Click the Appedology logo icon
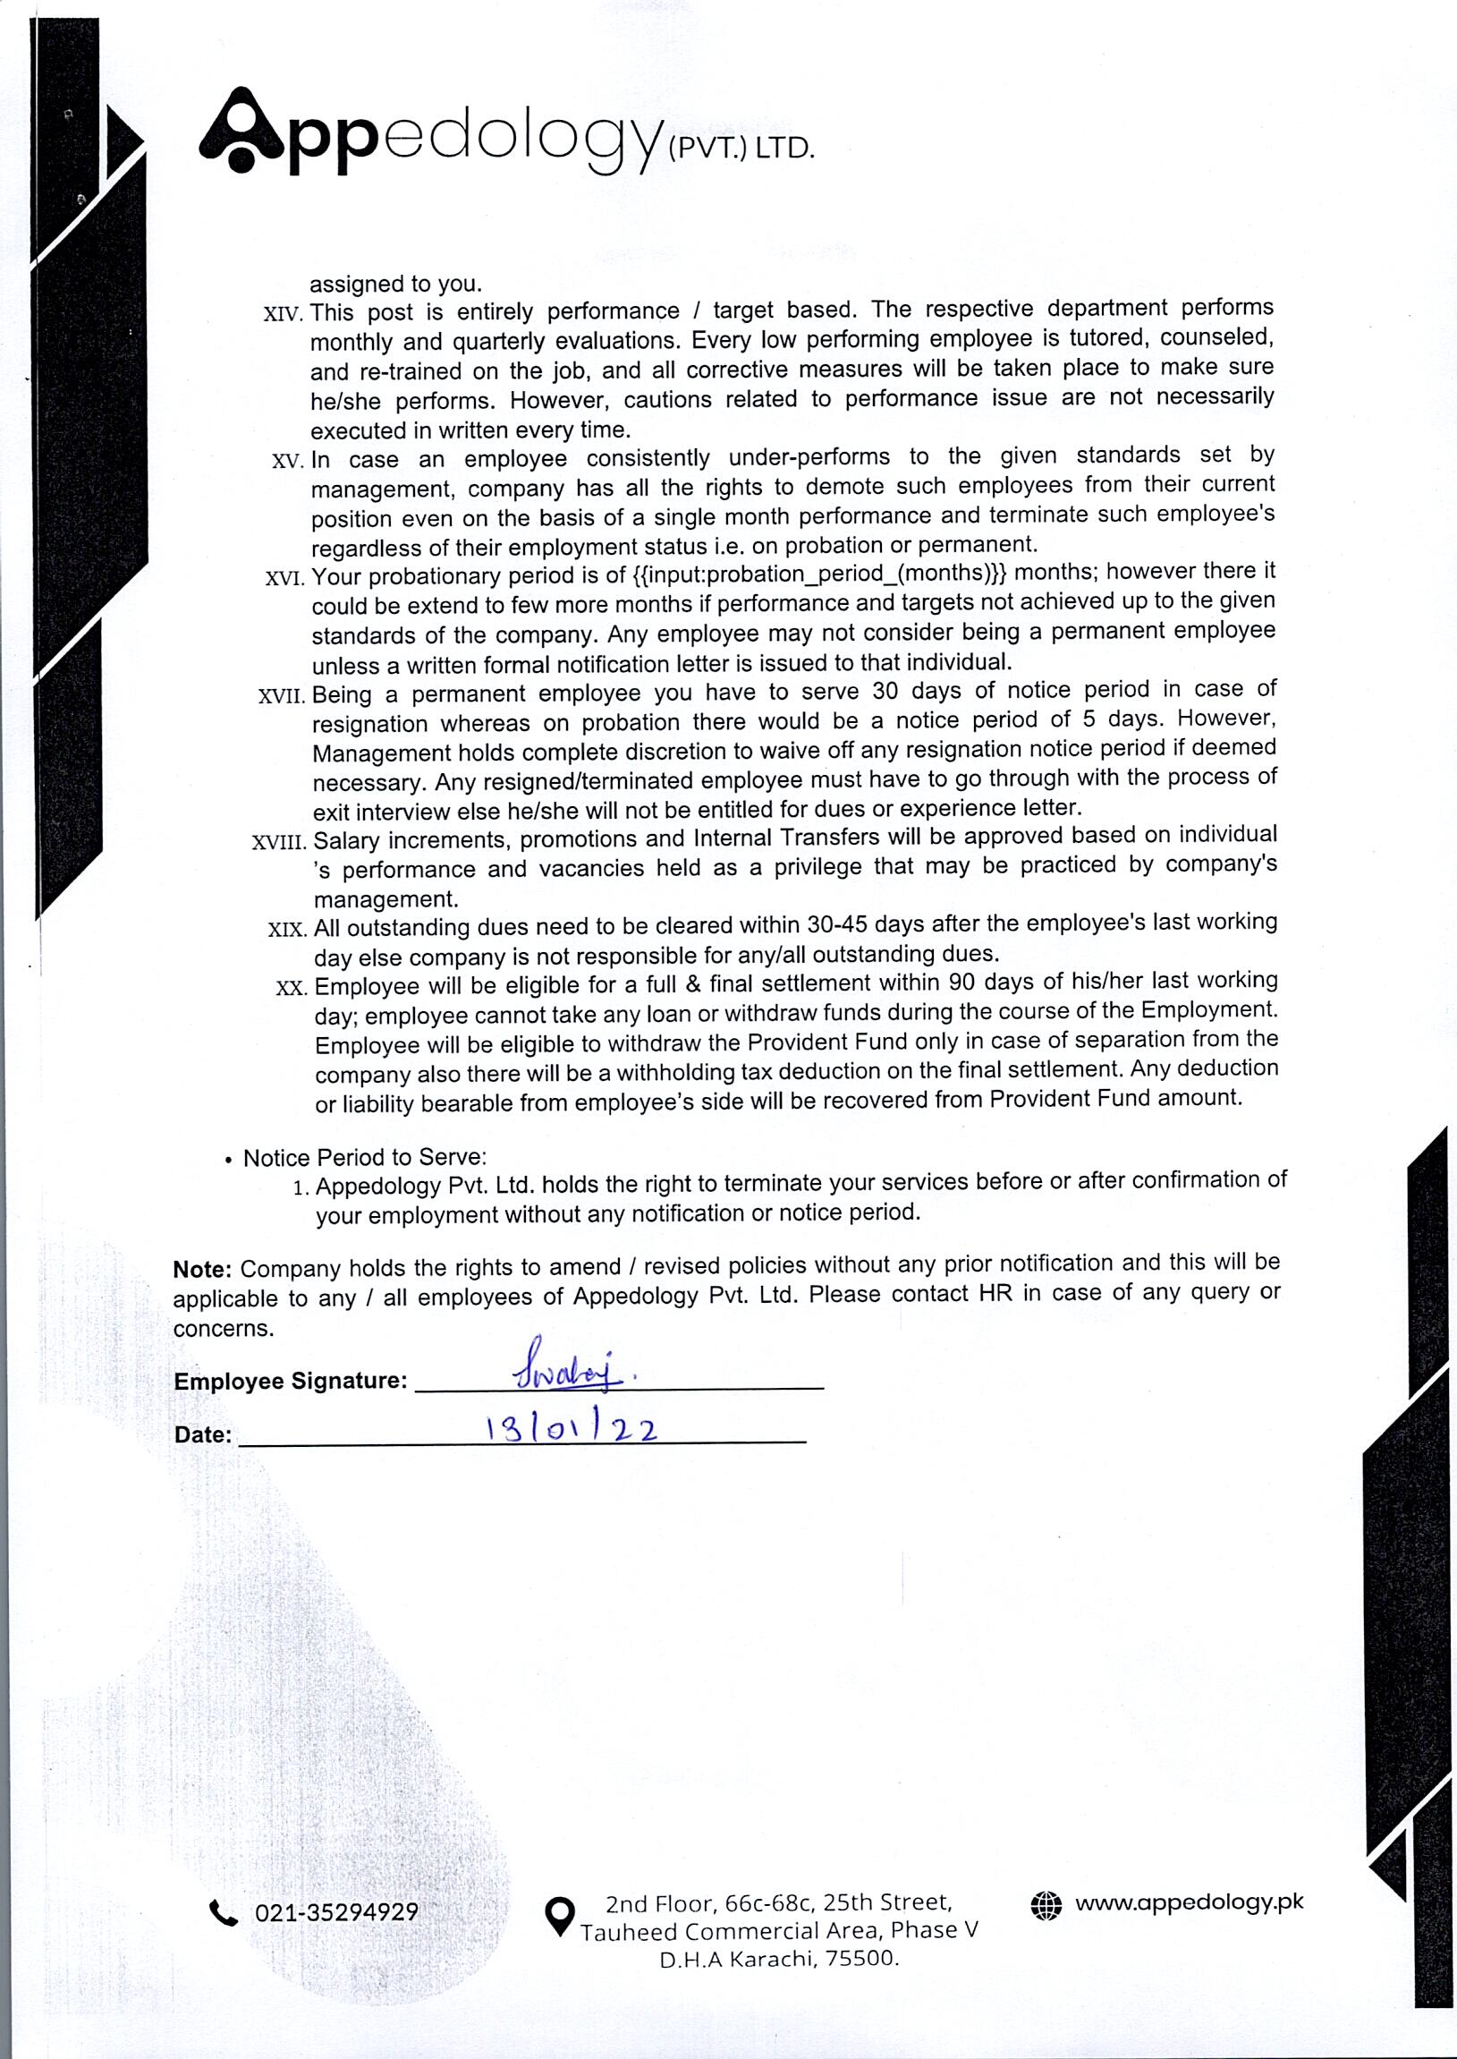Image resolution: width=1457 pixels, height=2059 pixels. (239, 130)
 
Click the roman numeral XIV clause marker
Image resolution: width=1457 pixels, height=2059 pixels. (284, 315)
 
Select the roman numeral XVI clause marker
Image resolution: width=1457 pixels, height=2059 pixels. (286, 578)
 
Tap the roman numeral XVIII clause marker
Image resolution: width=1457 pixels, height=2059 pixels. (279, 843)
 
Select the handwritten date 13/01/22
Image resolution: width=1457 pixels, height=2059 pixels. (571, 1428)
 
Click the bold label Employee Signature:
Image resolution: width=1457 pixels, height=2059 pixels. (291, 1382)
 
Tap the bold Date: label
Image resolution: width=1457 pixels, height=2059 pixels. (203, 1435)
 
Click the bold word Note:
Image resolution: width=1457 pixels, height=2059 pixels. (203, 1269)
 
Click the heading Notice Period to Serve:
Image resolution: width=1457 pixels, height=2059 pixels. (364, 1158)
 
